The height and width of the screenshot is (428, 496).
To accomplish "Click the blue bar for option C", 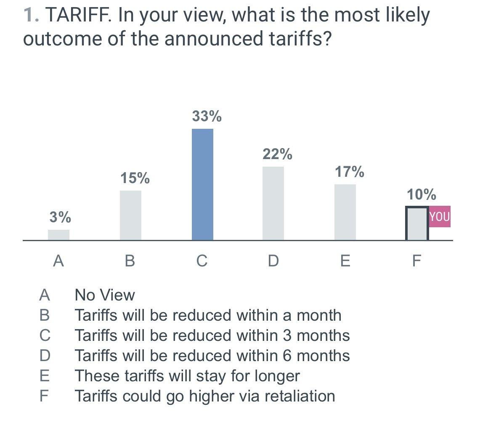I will click(x=202, y=184).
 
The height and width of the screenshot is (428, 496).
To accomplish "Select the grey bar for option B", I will click(x=130, y=215).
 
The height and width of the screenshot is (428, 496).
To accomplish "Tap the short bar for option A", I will click(x=58, y=235).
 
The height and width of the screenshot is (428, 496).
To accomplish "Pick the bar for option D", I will click(x=273, y=203).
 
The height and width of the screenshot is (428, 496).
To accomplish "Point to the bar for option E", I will click(x=345, y=212).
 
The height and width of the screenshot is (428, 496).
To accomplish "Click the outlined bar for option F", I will click(x=417, y=223).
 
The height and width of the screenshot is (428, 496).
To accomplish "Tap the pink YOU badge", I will click(x=440, y=217).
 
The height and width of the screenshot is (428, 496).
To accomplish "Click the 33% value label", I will click(x=207, y=116).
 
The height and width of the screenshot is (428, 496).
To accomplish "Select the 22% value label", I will click(x=277, y=154).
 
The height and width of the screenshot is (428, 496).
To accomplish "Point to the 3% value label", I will click(x=60, y=217).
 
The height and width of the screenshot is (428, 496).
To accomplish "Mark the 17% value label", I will click(x=350, y=172).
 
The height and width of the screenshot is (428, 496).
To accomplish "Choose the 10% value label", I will click(x=421, y=194).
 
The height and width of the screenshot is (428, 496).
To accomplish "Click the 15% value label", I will click(x=135, y=178).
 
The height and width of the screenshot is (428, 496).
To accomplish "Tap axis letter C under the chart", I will click(x=202, y=261).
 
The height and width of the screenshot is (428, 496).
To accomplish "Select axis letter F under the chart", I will click(x=416, y=261).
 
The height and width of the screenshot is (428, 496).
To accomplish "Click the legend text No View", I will click(x=105, y=295).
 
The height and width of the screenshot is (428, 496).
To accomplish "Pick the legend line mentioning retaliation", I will click(x=204, y=396).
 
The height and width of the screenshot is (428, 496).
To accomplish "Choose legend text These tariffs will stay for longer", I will click(x=187, y=376).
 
